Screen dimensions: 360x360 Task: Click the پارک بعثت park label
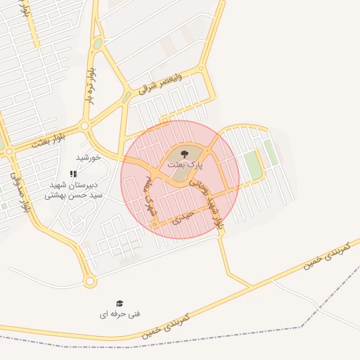point(184,164)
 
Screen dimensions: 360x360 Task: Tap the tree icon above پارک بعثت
point(184,153)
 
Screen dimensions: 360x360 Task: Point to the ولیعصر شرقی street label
point(161,83)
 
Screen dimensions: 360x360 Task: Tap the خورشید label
point(89,158)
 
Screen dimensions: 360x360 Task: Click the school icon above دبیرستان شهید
point(73,174)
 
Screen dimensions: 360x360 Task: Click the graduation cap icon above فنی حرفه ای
point(120,303)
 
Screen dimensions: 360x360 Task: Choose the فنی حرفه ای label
point(120,314)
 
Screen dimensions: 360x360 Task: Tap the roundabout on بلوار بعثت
point(84,126)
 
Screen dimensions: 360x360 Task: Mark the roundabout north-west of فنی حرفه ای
point(89,281)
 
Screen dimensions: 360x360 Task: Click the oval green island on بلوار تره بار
point(97,44)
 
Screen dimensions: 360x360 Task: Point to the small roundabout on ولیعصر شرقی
point(201,68)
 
